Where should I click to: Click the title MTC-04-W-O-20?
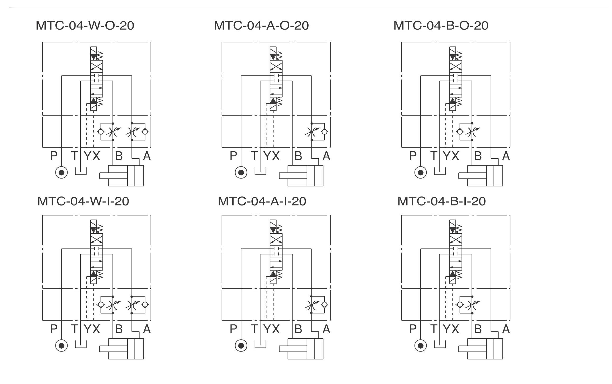[x=85, y=26]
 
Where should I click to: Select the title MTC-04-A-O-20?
[x=261, y=26]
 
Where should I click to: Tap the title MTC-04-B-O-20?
[x=441, y=26]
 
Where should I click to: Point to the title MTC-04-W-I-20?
[x=83, y=201]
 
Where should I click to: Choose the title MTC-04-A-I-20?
[x=262, y=201]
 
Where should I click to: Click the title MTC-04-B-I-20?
[x=442, y=201]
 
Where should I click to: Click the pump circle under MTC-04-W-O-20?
[x=62, y=172]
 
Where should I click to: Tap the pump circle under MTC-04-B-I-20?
[x=421, y=345]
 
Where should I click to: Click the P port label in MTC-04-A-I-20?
[x=233, y=329]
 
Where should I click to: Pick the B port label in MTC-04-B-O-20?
[x=478, y=156]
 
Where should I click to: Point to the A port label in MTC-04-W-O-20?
[x=147, y=156]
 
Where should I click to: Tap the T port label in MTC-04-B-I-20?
[x=434, y=329]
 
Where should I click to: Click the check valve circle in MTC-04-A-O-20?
[x=324, y=132]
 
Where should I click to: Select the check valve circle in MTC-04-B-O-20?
[x=460, y=132]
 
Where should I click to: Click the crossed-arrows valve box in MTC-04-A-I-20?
[x=276, y=240]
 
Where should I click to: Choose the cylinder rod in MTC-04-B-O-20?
[x=473, y=176]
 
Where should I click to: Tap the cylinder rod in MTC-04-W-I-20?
[x=114, y=349]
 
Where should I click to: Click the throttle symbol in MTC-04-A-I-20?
[x=312, y=305]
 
